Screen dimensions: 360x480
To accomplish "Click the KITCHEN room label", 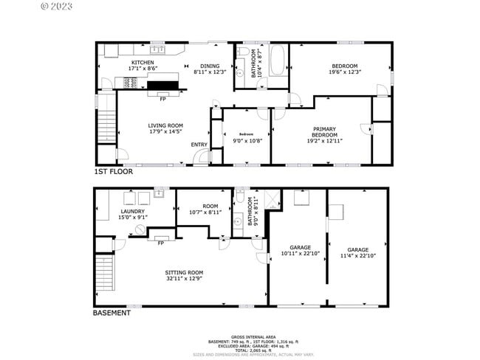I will [143, 62].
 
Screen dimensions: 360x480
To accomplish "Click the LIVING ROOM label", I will [165, 126].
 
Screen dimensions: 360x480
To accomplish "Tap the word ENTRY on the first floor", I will [199, 145].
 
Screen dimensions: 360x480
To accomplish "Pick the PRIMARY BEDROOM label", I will [324, 131].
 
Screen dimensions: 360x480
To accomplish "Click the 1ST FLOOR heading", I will [113, 171].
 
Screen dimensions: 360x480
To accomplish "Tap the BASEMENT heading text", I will [112, 313].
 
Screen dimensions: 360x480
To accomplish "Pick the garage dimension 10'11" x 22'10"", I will [300, 254].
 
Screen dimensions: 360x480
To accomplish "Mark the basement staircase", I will [107, 272].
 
